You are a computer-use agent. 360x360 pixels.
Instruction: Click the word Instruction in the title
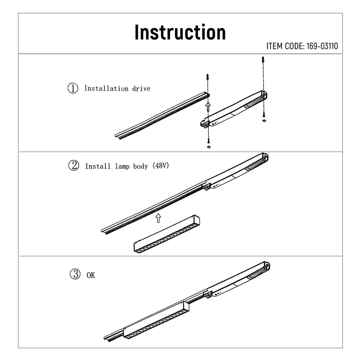tap(180, 32)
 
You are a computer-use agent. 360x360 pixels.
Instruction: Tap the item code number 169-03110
tap(322, 46)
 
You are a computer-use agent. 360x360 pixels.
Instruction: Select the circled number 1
tap(73, 88)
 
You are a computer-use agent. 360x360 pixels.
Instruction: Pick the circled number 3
tap(75, 275)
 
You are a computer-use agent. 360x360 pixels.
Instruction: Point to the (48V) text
tap(161, 166)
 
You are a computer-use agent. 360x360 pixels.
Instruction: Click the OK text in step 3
tap(91, 275)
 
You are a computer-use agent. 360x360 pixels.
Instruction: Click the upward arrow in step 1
tap(208, 106)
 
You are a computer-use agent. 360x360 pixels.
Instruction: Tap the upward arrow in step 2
tap(158, 217)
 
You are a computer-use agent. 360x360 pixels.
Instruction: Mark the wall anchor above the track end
tap(207, 77)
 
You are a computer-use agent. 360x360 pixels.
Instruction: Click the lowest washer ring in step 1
tap(208, 147)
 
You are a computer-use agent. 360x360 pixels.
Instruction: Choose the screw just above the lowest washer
tap(208, 140)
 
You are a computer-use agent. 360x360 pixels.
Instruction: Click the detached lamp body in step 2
tap(166, 234)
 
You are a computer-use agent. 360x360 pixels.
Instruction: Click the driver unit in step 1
tap(234, 109)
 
